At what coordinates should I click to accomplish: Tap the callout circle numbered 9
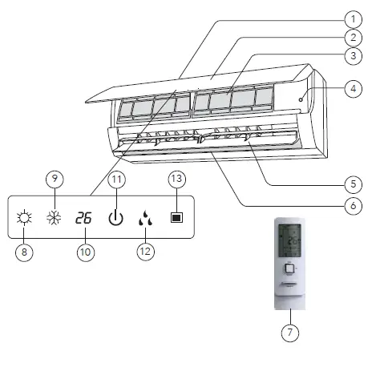55,179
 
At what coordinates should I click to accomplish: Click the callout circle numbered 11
116,179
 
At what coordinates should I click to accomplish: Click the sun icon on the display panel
23,217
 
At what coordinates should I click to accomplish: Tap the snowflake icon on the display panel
55,217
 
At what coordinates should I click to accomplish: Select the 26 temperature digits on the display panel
83,217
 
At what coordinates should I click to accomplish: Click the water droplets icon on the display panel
146,217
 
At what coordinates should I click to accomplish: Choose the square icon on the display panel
177,217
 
